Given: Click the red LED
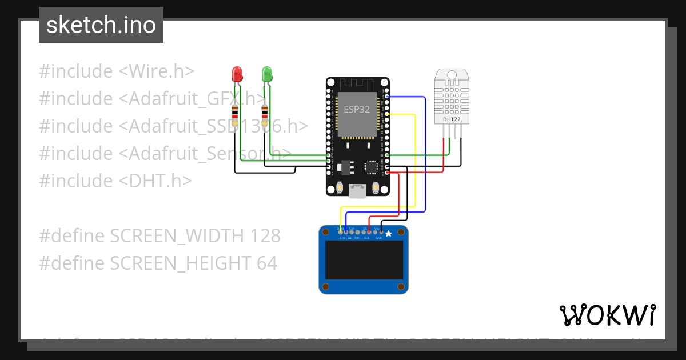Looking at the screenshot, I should [x=237, y=74].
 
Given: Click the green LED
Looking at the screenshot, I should [x=266, y=74].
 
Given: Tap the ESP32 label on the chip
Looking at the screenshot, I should [x=356, y=109].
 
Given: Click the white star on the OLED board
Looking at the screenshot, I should [x=389, y=233].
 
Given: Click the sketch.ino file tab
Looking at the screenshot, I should [x=101, y=25].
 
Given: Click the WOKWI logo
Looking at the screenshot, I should [x=607, y=315].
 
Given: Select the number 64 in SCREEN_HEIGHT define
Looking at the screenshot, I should [x=266, y=263].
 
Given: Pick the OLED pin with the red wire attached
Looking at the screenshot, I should [x=369, y=232].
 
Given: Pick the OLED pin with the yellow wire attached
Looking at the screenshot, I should [x=341, y=232].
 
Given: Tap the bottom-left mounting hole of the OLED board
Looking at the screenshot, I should [x=326, y=286].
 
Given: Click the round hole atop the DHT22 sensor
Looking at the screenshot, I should [x=451, y=74].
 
